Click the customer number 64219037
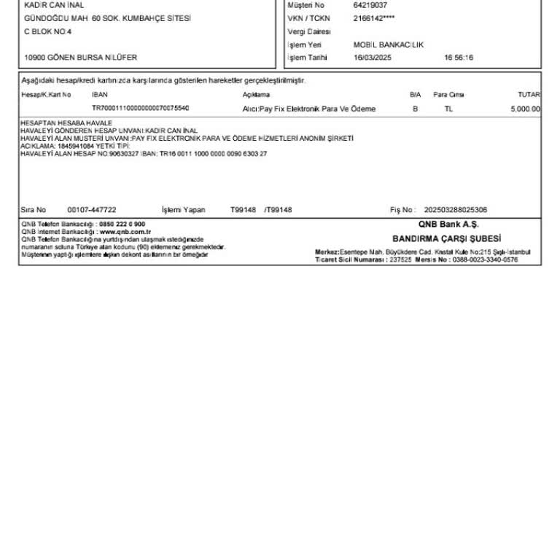pyautogui.click(x=370, y=5)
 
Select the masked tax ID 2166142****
pyautogui.click(x=373, y=18)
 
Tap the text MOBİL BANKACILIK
pyautogui.click(x=388, y=44)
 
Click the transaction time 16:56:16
pyautogui.click(x=458, y=58)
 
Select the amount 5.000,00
pyautogui.click(x=526, y=109)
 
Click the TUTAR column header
pyautogui.click(x=529, y=95)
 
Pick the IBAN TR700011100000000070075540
pyautogui.click(x=141, y=108)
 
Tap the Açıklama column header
pyautogui.click(x=256, y=95)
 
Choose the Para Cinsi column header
pyautogui.click(x=448, y=95)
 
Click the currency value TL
pyautogui.click(x=448, y=109)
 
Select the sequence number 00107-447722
pyautogui.click(x=92, y=210)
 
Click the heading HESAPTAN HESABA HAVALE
pyautogui.click(x=66, y=123)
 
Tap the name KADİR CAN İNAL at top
pyautogui.click(x=54, y=5)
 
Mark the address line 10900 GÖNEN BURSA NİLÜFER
pyautogui.click(x=80, y=58)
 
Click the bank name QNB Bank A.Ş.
pyautogui.click(x=448, y=225)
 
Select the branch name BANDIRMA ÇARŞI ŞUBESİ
pyautogui.click(x=447, y=238)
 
